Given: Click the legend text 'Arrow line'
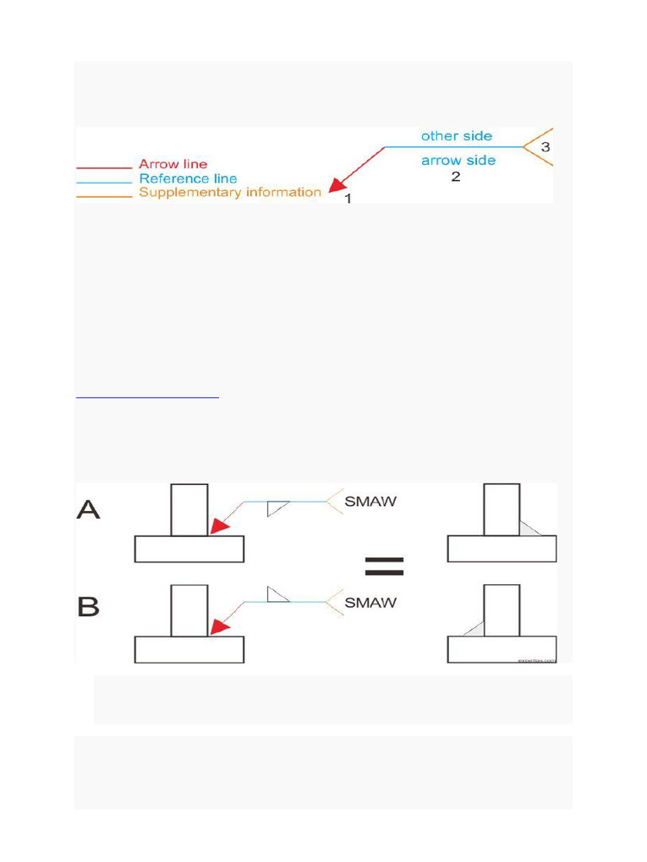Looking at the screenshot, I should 173,164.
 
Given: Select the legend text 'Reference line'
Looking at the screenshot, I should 188,178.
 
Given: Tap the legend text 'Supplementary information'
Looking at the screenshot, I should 230,192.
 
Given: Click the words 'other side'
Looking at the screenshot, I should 457,136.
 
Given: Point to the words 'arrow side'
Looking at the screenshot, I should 458,160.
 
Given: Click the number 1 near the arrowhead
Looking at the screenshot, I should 348,199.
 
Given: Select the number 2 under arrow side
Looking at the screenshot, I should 456,178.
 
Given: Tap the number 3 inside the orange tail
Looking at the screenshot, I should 545,147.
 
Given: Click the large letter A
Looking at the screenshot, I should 88,508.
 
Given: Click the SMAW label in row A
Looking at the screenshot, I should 372,502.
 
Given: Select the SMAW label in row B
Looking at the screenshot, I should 372,603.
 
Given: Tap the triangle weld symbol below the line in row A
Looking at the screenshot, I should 277,508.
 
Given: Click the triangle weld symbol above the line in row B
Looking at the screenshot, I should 277,594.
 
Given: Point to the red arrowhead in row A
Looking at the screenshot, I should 220,526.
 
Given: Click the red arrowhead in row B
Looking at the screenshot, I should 220,627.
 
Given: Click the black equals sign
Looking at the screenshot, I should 385,567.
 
